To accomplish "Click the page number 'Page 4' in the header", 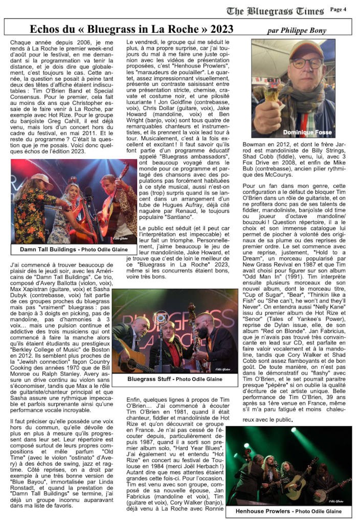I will click(x=338, y=9).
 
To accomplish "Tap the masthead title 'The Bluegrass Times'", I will click(x=275, y=11).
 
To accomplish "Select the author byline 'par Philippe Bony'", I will click(x=297, y=31).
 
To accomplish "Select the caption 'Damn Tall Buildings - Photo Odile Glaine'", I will click(x=74, y=249).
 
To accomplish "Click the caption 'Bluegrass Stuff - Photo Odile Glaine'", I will click(x=175, y=379).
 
